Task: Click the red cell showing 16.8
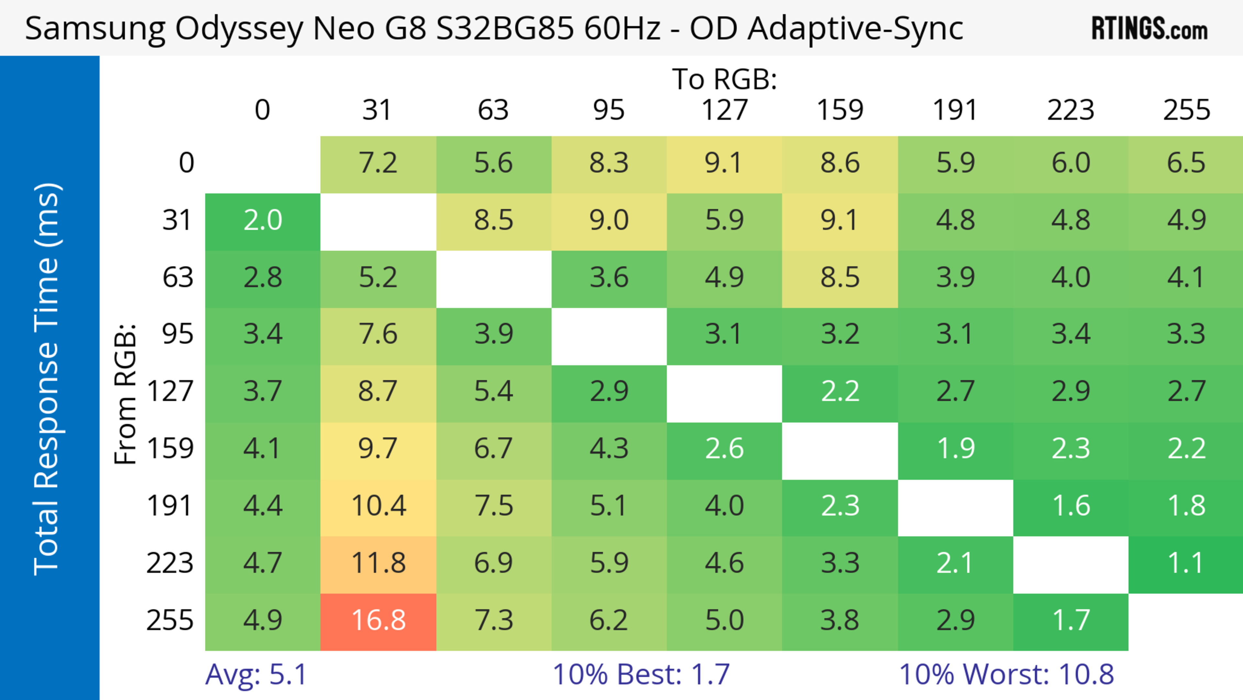click(378, 621)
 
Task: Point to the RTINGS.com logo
click(1149, 29)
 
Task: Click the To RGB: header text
click(725, 79)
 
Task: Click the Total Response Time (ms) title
click(47, 379)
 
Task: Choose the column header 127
click(725, 110)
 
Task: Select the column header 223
click(1071, 110)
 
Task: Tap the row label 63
click(178, 278)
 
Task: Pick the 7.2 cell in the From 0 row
click(378, 163)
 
